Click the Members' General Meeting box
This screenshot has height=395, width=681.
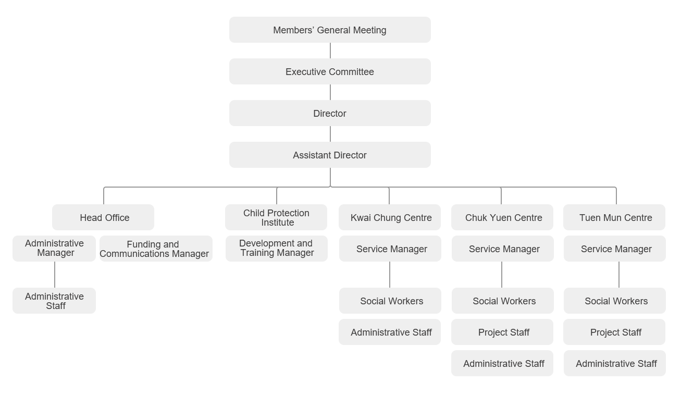pos(330,30)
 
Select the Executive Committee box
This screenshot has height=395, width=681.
pos(330,71)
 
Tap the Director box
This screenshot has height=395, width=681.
pos(330,113)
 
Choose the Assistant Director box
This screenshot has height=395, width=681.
pos(330,155)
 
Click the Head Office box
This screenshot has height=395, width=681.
pos(103,217)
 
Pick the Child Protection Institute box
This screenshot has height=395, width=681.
pos(276,217)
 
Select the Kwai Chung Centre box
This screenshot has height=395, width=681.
pos(390,217)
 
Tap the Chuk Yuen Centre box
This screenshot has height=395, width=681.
pos(502,217)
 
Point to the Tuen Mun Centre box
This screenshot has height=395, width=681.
pos(614,217)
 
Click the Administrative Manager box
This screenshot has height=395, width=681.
pos(54,249)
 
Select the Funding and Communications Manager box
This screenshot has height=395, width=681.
pos(156,249)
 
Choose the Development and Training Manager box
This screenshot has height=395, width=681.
pos(277,249)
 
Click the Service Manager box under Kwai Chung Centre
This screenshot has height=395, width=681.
pos(390,249)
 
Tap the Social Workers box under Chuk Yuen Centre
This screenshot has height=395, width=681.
pos(502,301)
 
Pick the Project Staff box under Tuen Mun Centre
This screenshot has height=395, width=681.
pos(614,332)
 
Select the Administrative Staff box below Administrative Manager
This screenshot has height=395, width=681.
pos(54,301)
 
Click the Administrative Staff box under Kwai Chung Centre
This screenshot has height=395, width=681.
pos(390,332)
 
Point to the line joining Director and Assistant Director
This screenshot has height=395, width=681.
pos(330,134)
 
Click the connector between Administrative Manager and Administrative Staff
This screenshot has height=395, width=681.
pos(55,275)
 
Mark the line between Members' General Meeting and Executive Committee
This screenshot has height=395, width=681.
pos(330,51)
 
